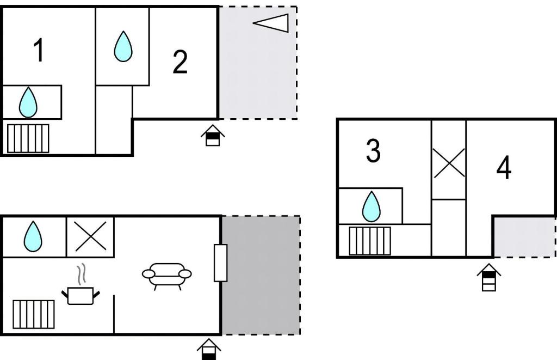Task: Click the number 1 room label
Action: click(39, 51)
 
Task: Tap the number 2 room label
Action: click(180, 62)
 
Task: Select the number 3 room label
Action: click(373, 151)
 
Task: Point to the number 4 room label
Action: click(504, 167)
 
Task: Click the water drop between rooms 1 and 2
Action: click(123, 46)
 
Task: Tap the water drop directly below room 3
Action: click(371, 206)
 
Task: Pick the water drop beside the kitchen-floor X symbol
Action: click(33, 236)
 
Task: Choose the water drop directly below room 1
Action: click(28, 102)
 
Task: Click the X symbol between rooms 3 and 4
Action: click(449, 163)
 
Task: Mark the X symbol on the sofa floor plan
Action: click(91, 236)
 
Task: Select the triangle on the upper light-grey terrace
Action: click(271, 23)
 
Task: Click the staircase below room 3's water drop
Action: click(370, 241)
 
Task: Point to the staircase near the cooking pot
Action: click(34, 314)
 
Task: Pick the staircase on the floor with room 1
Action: click(28, 138)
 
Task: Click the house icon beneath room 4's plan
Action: click(489, 277)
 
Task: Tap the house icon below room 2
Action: click(213, 135)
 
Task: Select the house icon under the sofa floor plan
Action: click(209, 349)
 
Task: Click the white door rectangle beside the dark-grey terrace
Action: click(221, 263)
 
